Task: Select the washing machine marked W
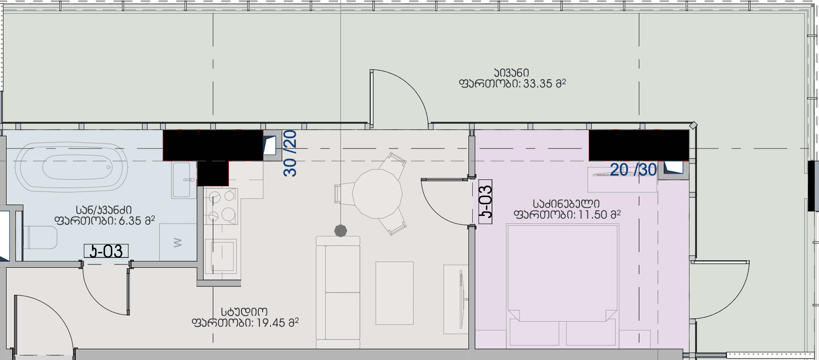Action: (178, 242)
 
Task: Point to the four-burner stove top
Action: (221, 206)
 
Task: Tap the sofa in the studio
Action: (338, 293)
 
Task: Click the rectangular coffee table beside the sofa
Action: (395, 293)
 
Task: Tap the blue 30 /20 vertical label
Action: (290, 153)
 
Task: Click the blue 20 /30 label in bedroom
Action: (633, 170)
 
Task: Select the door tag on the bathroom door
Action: (106, 251)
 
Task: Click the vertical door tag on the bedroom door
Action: (486, 202)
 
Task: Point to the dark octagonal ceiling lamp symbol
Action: (341, 230)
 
